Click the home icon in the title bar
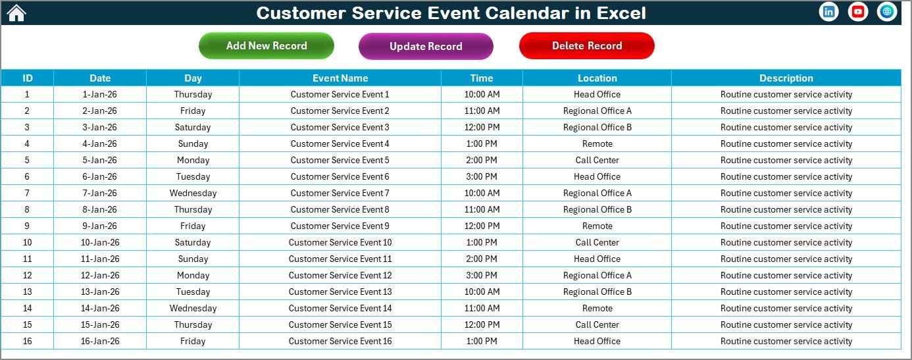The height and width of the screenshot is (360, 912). pyautogui.click(x=16, y=13)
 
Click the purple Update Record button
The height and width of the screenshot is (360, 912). pyautogui.click(x=426, y=46)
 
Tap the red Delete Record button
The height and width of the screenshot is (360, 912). pyautogui.click(x=587, y=45)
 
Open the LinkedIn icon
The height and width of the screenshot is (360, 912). pyautogui.click(x=829, y=12)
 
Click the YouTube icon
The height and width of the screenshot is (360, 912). pyautogui.click(x=858, y=12)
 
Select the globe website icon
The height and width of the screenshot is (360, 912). pyautogui.click(x=887, y=12)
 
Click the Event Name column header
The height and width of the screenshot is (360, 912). pyautogui.click(x=340, y=78)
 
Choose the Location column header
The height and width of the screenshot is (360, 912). pyautogui.click(x=597, y=78)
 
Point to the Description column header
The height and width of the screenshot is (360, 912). pyautogui.click(x=786, y=78)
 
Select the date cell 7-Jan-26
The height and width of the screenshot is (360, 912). pyautogui.click(x=100, y=193)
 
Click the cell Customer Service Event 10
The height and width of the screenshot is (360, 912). pyautogui.click(x=340, y=242)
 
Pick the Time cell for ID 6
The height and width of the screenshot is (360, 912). pyautogui.click(x=482, y=176)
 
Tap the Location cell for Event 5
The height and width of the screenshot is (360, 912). pyautogui.click(x=597, y=160)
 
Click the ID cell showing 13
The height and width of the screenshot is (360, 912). pyautogui.click(x=27, y=292)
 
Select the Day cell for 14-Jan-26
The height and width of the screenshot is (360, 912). pyautogui.click(x=193, y=308)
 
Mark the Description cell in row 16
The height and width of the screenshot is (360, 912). pyautogui.click(x=786, y=341)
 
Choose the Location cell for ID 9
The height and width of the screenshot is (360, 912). pyautogui.click(x=597, y=226)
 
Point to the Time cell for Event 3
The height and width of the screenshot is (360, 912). pyautogui.click(x=482, y=127)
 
